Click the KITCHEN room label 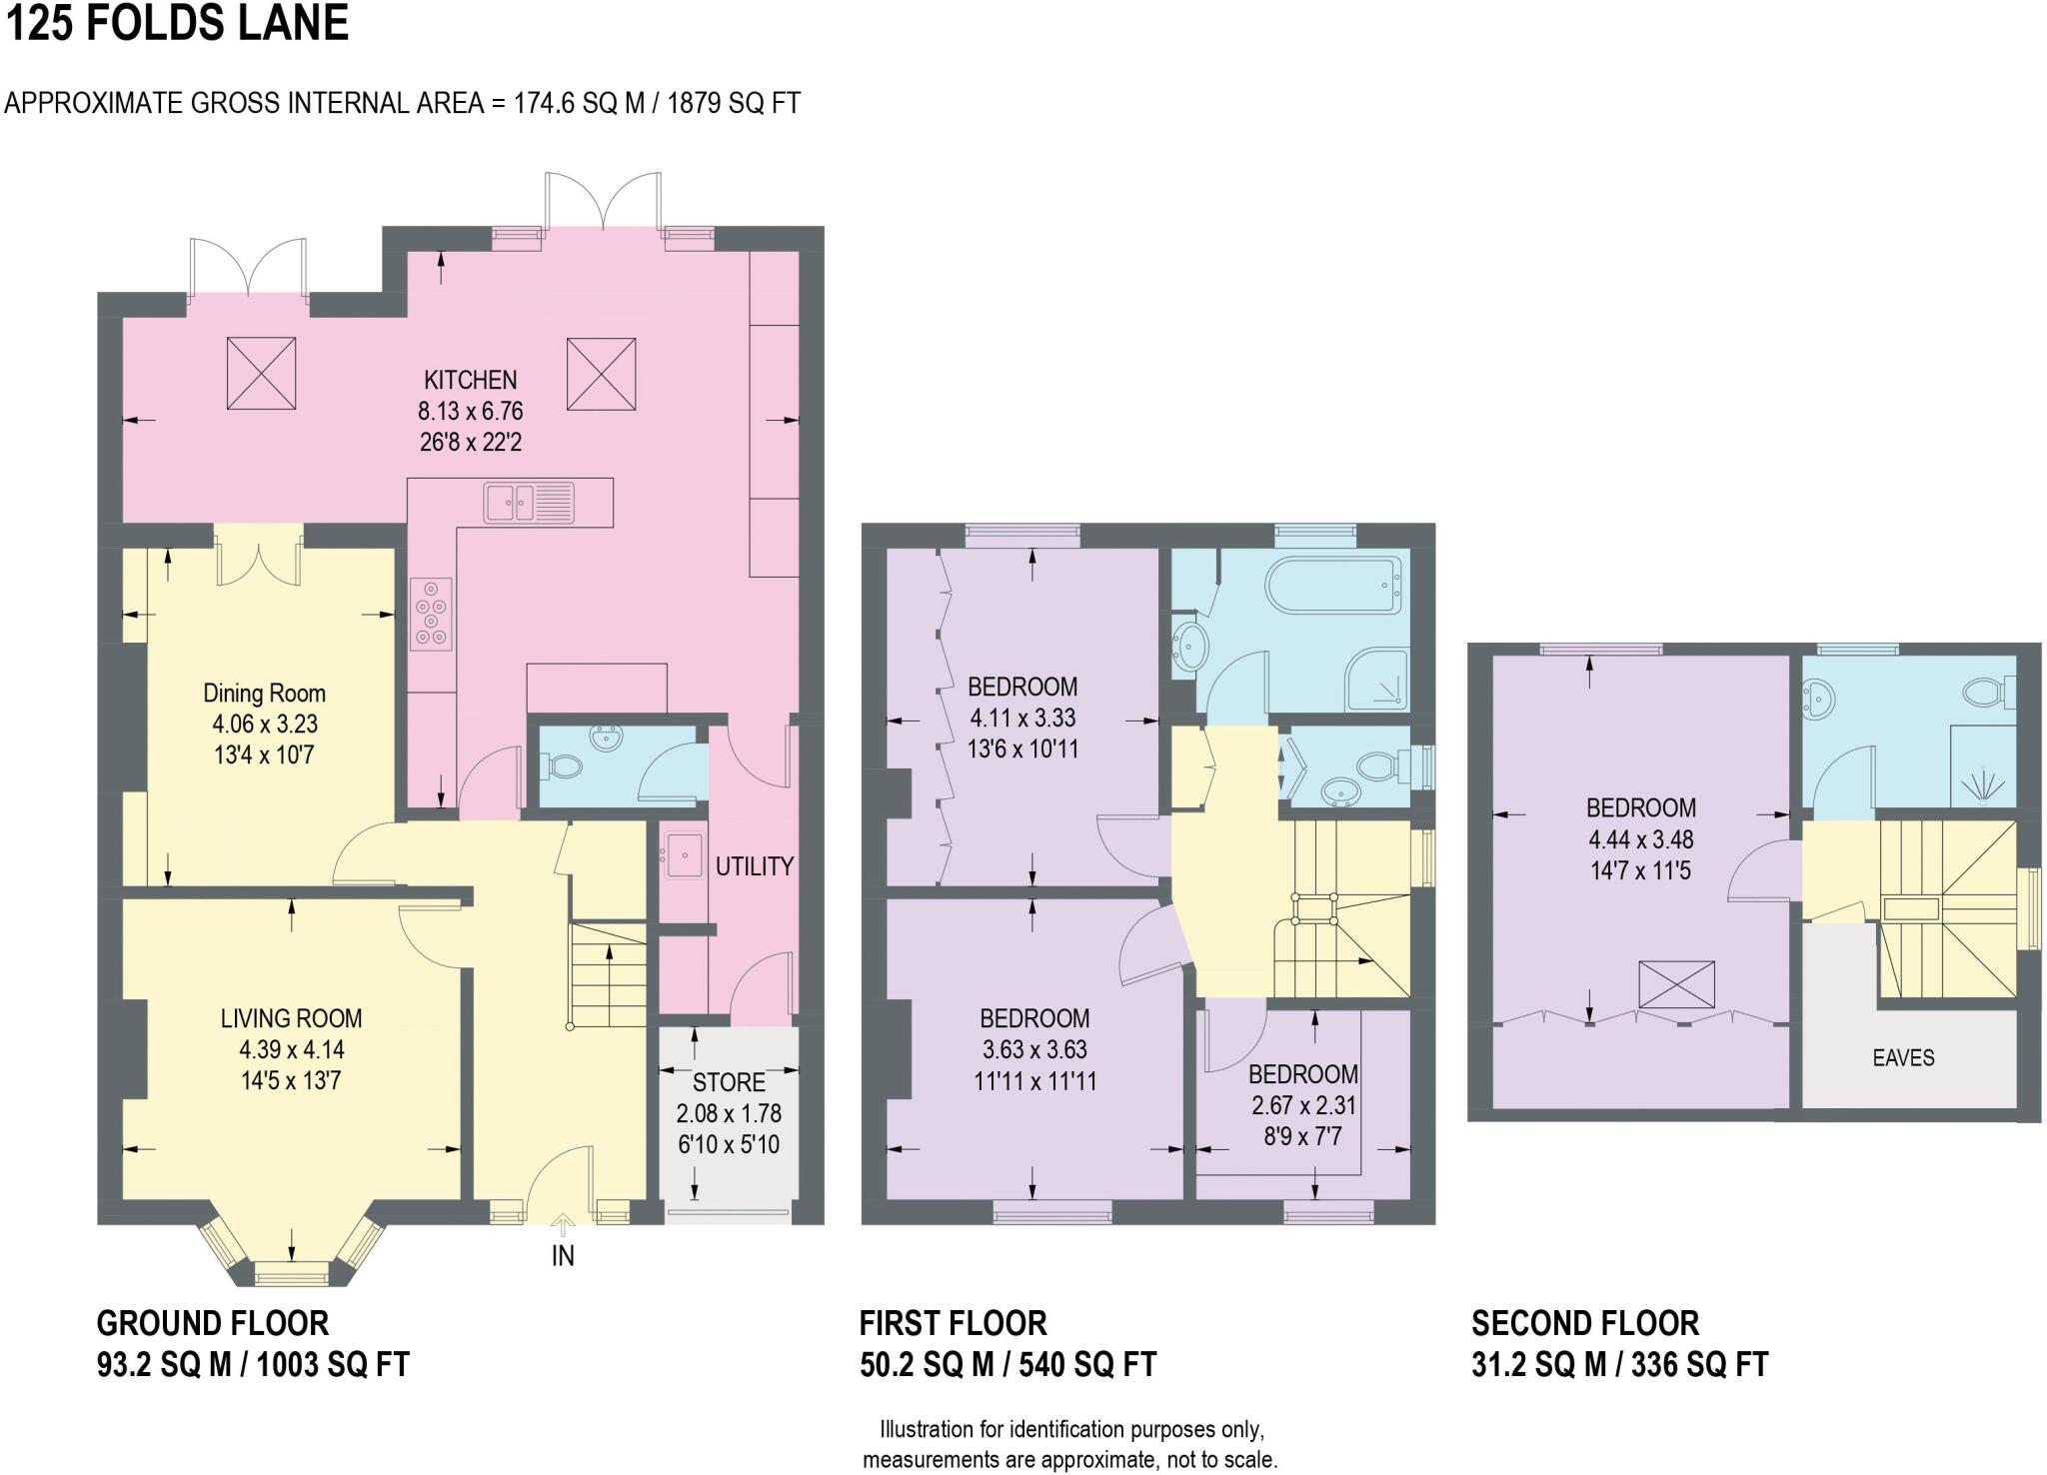point(470,380)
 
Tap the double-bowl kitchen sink point(528,502)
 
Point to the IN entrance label point(563,1256)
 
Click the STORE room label point(729,1082)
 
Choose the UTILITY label point(754,866)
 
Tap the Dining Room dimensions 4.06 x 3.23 point(264,725)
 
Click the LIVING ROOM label point(291,1018)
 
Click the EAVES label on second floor point(1903,1057)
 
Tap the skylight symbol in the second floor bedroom point(1676,984)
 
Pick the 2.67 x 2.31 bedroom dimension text point(1303,1105)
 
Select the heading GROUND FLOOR point(212,1323)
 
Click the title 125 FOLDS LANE point(177,23)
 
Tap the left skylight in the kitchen point(262,373)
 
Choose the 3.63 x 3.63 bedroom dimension point(1033,1049)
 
